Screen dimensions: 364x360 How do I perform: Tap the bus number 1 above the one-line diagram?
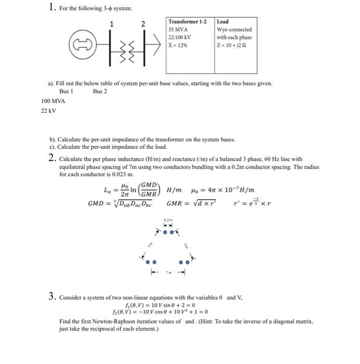click(110, 23)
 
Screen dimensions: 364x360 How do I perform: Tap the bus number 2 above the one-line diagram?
click(144, 23)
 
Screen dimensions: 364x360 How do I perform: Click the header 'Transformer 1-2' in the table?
click(187, 22)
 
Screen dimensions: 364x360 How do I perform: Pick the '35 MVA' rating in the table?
click(178, 30)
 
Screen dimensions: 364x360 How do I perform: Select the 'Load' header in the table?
click(223, 22)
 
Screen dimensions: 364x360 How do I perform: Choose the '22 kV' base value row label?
click(48, 111)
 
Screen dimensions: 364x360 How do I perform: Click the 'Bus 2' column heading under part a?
click(100, 92)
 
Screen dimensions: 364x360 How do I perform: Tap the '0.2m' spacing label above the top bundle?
click(167, 220)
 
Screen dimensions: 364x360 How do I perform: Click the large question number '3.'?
click(52, 297)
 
